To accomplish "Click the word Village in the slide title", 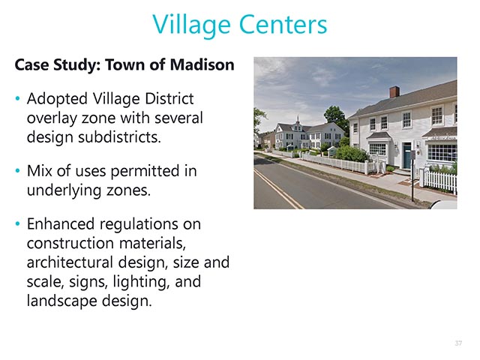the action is (191, 25).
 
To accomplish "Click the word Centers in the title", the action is (283, 25).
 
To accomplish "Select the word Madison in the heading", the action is (202, 64).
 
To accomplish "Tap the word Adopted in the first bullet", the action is (57, 100).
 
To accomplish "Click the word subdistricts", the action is (119, 137).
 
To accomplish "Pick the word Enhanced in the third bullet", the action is (61, 224).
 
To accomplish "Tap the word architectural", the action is (70, 262).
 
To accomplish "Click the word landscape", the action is (61, 301).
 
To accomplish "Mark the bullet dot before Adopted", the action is (17, 98).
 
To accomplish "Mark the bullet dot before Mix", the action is (17, 170).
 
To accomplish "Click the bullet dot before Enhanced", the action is (17, 223).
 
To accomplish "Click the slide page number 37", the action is (458, 343).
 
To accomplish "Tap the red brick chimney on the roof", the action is (394, 91).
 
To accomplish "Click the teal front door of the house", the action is (406, 156).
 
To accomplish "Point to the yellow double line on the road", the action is (277, 189).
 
